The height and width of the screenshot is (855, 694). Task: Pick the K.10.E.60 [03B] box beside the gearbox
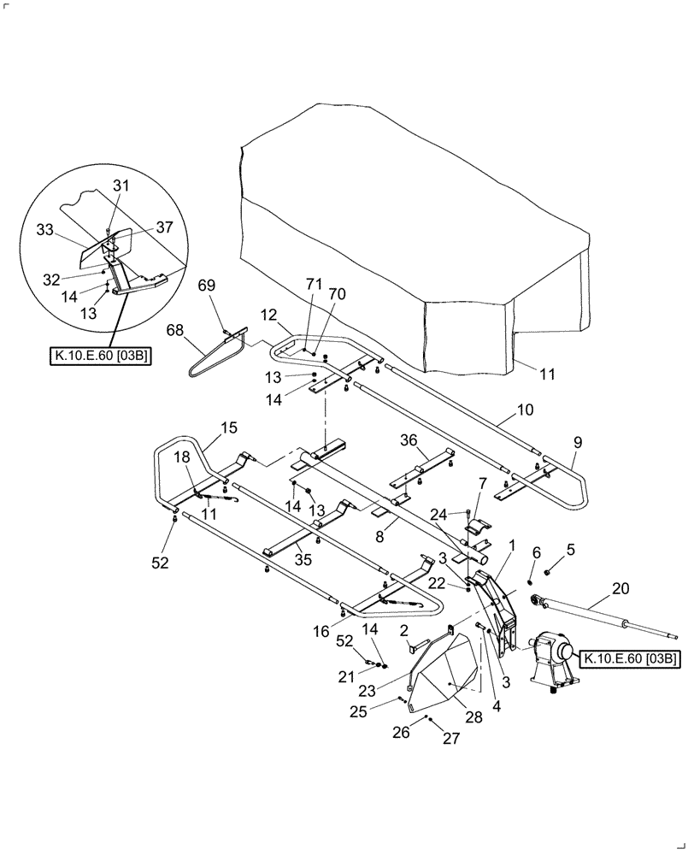point(631,658)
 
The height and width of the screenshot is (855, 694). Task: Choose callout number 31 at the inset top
point(121,186)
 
